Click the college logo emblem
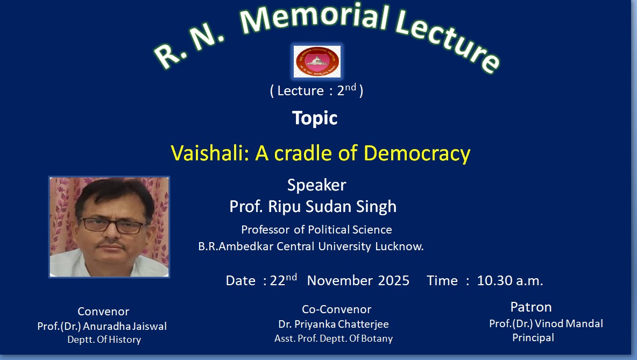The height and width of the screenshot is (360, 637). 317,61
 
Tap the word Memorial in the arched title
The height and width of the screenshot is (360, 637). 314,18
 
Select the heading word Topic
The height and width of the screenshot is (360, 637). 315,118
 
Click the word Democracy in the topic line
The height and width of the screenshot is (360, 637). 417,154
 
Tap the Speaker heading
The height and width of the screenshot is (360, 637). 316,185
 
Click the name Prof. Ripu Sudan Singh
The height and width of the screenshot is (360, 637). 313,207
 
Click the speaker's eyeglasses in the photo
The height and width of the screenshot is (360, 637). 112,225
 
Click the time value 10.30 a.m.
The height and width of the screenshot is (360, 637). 510,280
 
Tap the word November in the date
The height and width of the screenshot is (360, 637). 339,280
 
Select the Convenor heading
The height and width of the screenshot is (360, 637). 103,311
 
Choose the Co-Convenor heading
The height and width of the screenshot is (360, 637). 336,309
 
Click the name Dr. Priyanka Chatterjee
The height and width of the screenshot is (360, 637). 334,324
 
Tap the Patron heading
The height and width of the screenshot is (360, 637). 531,307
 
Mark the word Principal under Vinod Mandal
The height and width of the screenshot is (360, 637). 533,337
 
